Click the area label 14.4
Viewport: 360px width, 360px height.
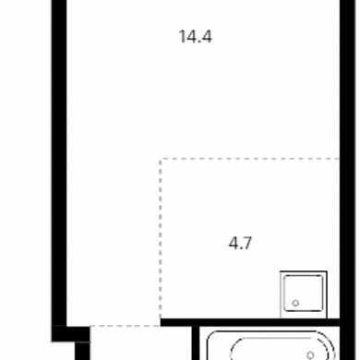click(196, 37)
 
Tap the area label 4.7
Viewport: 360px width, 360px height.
click(240, 243)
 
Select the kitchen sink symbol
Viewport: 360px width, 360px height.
click(304, 294)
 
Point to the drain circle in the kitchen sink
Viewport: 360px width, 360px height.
click(295, 303)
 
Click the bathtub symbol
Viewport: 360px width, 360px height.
click(270, 345)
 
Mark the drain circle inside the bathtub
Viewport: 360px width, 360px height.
click(310, 354)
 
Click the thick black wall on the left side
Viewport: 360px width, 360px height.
click(59, 163)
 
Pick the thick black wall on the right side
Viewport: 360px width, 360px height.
click(347, 180)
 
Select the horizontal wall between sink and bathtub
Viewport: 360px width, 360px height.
click(250, 322)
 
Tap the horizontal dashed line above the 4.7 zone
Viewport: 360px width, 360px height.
click(249, 159)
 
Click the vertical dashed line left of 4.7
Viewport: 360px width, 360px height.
click(161, 238)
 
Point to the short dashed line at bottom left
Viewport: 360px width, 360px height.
click(125, 326)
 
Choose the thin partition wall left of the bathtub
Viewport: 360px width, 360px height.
click(196, 343)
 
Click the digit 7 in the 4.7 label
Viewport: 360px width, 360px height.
click(247, 243)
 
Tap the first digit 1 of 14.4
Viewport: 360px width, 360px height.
click(182, 37)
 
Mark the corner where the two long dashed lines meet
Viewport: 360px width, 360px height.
click(161, 159)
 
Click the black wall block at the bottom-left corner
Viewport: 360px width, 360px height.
click(70, 334)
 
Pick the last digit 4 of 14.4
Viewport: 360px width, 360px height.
click(207, 37)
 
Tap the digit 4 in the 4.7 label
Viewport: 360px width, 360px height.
click(234, 243)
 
